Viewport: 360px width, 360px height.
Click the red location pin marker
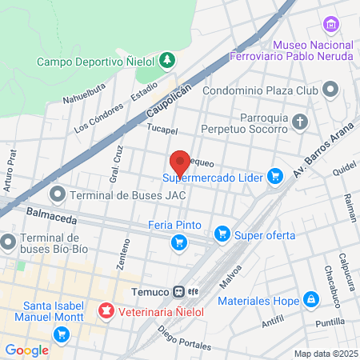tap(180, 161)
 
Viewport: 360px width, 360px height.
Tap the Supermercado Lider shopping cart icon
tap(276, 176)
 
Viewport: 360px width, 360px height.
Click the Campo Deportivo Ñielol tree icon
tap(167, 60)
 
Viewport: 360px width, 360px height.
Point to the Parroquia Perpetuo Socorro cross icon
tap(300, 122)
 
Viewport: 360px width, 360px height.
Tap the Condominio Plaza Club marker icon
tap(330, 90)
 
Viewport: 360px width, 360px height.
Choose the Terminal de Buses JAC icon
tap(58, 194)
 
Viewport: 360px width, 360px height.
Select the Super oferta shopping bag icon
tap(222, 235)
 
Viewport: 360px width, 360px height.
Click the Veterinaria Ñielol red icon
tap(104, 310)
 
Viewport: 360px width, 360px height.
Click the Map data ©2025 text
tap(325, 354)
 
